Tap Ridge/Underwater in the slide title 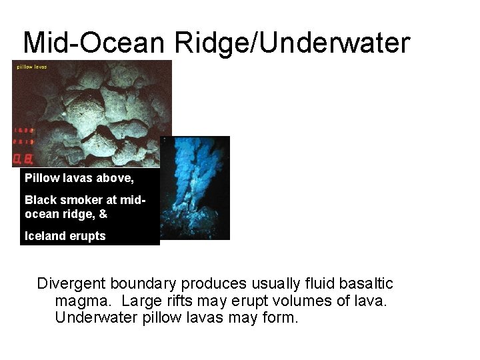[292, 43]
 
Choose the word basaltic [365, 284]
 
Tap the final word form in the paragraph [280, 317]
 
